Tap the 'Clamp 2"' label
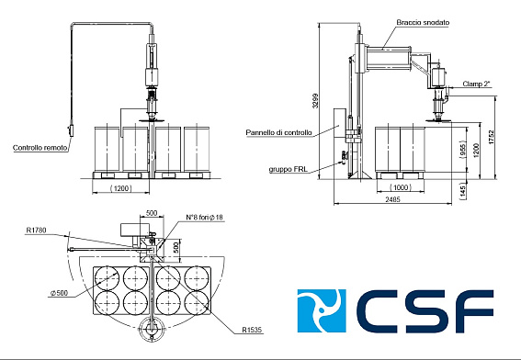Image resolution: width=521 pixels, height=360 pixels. pos(476,83)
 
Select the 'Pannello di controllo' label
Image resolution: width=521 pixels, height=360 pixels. pos(278,132)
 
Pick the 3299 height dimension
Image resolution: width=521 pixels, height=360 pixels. pos(314,101)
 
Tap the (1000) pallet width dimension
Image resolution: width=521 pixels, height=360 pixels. pos(402,186)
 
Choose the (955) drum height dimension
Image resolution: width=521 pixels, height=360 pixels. pos(462,148)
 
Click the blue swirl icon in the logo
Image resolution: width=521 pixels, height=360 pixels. pos(321,312)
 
